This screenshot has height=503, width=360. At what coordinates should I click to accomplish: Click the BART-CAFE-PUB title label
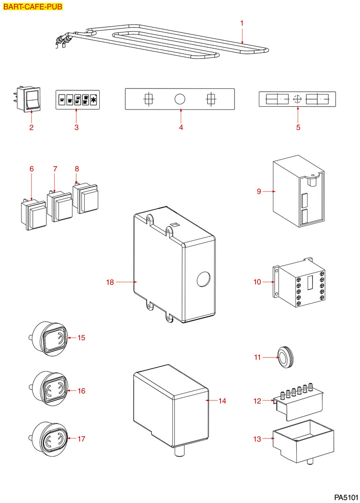32,7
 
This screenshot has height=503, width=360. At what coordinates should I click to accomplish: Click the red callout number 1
242,23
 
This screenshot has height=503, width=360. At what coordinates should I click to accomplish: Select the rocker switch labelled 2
31,99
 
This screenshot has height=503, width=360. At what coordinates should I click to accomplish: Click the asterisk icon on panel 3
94,100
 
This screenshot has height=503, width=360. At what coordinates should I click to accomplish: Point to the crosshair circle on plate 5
296,99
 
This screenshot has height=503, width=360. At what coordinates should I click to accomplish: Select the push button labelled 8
86,199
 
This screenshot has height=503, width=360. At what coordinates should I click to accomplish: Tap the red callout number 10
257,282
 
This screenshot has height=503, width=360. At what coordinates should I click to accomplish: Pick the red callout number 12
257,401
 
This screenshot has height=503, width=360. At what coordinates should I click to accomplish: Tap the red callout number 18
110,282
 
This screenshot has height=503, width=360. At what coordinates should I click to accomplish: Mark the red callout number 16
81,391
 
